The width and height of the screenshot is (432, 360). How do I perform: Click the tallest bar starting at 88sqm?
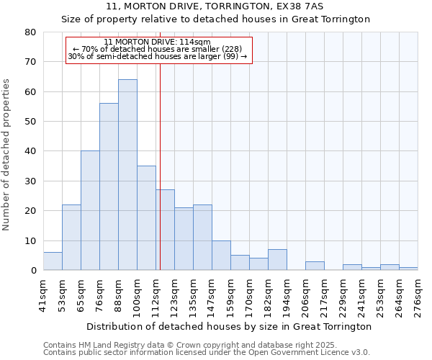(127, 175)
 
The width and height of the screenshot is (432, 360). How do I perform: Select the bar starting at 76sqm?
(109, 186)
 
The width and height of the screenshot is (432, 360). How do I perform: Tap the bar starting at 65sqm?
(90, 210)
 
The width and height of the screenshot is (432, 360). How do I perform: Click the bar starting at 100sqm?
(146, 218)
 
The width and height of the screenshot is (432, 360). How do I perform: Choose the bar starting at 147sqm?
(221, 256)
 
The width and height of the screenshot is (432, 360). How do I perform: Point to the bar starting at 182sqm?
(277, 260)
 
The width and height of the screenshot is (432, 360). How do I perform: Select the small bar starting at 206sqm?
(315, 266)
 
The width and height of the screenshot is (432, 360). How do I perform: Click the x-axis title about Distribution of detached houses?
(228, 326)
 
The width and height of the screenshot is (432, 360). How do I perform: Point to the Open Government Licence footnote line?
(207, 353)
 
